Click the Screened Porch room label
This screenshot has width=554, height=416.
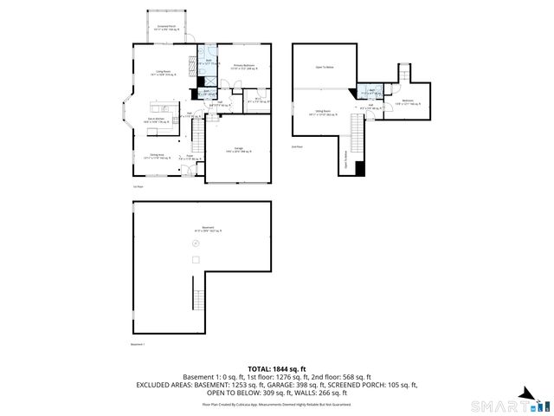click(x=162, y=27)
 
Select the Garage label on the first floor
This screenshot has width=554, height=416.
click(x=238, y=148)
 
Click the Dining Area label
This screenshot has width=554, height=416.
click(x=152, y=157)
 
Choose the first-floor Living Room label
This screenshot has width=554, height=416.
click(x=162, y=73)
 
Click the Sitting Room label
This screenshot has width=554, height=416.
click(x=323, y=112)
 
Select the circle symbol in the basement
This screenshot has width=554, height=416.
click(x=195, y=244)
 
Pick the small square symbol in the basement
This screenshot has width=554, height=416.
click(x=196, y=260)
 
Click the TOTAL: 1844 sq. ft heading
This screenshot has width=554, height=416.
click(x=277, y=369)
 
